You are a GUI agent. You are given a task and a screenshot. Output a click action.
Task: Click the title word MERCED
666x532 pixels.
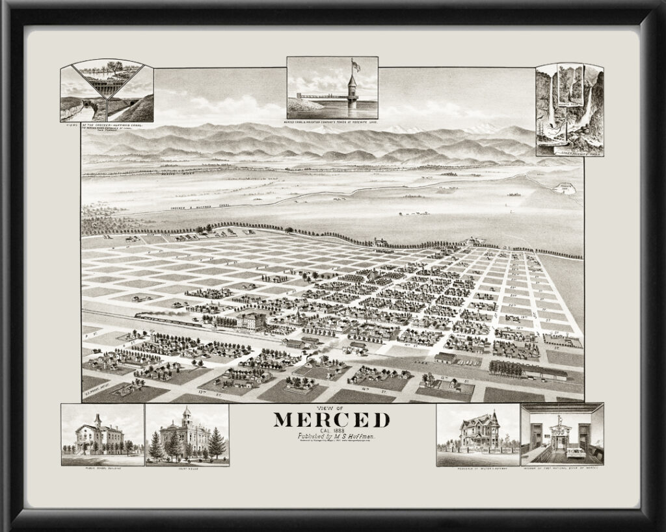(332, 420)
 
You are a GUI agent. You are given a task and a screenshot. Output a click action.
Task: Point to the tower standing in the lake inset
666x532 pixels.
(352, 90)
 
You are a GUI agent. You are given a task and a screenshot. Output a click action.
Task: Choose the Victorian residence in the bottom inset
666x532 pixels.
(479, 432)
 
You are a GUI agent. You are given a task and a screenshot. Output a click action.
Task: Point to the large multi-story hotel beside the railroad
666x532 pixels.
(250, 321)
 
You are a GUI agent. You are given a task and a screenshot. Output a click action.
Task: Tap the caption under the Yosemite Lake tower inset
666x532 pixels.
(332, 121)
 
